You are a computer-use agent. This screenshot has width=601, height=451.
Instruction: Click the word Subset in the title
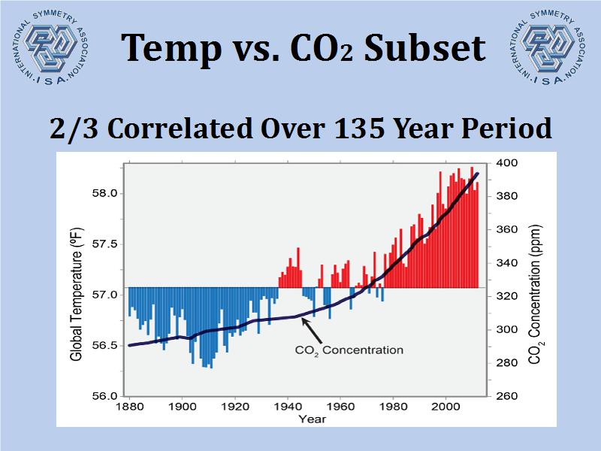(422, 48)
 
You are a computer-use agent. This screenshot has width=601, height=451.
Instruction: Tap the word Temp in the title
(170, 48)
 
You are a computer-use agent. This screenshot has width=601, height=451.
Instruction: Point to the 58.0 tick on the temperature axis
(104, 193)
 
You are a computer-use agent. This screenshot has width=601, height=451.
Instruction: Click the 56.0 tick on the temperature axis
(104, 396)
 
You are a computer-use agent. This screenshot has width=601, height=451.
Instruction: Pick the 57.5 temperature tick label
(104, 244)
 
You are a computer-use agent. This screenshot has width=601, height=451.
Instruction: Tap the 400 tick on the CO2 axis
(507, 163)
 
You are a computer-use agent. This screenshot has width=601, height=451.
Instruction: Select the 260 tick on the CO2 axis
(507, 396)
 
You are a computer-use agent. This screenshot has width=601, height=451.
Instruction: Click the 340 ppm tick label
(507, 263)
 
